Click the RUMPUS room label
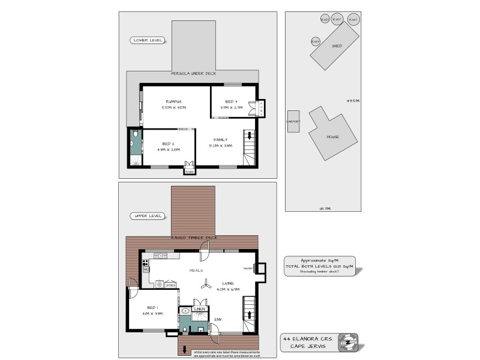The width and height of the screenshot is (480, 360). tap(174, 101)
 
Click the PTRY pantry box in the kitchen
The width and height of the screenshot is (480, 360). tap(170, 284)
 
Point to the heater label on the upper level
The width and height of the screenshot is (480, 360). tap(248, 268)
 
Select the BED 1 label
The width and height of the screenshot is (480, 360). tap(145, 307)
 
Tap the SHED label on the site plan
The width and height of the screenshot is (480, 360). tap(337, 46)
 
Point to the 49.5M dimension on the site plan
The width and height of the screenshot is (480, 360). tap(353, 101)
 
